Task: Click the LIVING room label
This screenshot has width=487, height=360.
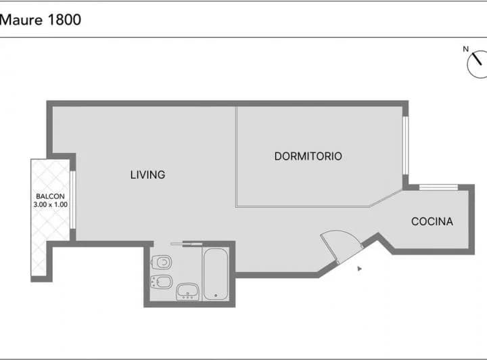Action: tap(148, 175)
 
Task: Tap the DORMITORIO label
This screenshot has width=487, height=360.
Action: tap(308, 156)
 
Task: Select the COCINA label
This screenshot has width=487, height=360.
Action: tap(432, 221)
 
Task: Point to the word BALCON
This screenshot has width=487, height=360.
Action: tap(50, 196)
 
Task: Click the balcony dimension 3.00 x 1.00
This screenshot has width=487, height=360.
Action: tap(50, 204)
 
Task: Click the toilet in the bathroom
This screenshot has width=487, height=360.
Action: tap(161, 263)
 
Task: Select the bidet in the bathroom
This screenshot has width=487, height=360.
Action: tap(161, 282)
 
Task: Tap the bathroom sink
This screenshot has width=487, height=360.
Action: tap(187, 292)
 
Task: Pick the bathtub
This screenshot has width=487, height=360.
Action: tap(216, 274)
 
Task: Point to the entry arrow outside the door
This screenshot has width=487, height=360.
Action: tap(359, 269)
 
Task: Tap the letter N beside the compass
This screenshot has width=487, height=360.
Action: tap(465, 49)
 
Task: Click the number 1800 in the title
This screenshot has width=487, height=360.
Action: tap(65, 20)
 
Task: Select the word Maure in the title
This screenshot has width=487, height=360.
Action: tap(21, 20)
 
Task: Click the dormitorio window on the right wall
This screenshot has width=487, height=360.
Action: tap(405, 145)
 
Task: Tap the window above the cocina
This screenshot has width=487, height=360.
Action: tap(438, 187)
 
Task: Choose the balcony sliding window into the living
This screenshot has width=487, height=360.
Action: tap(72, 200)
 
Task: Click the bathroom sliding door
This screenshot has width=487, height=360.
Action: tap(187, 244)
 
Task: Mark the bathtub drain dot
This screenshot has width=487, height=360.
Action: tap(216, 296)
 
